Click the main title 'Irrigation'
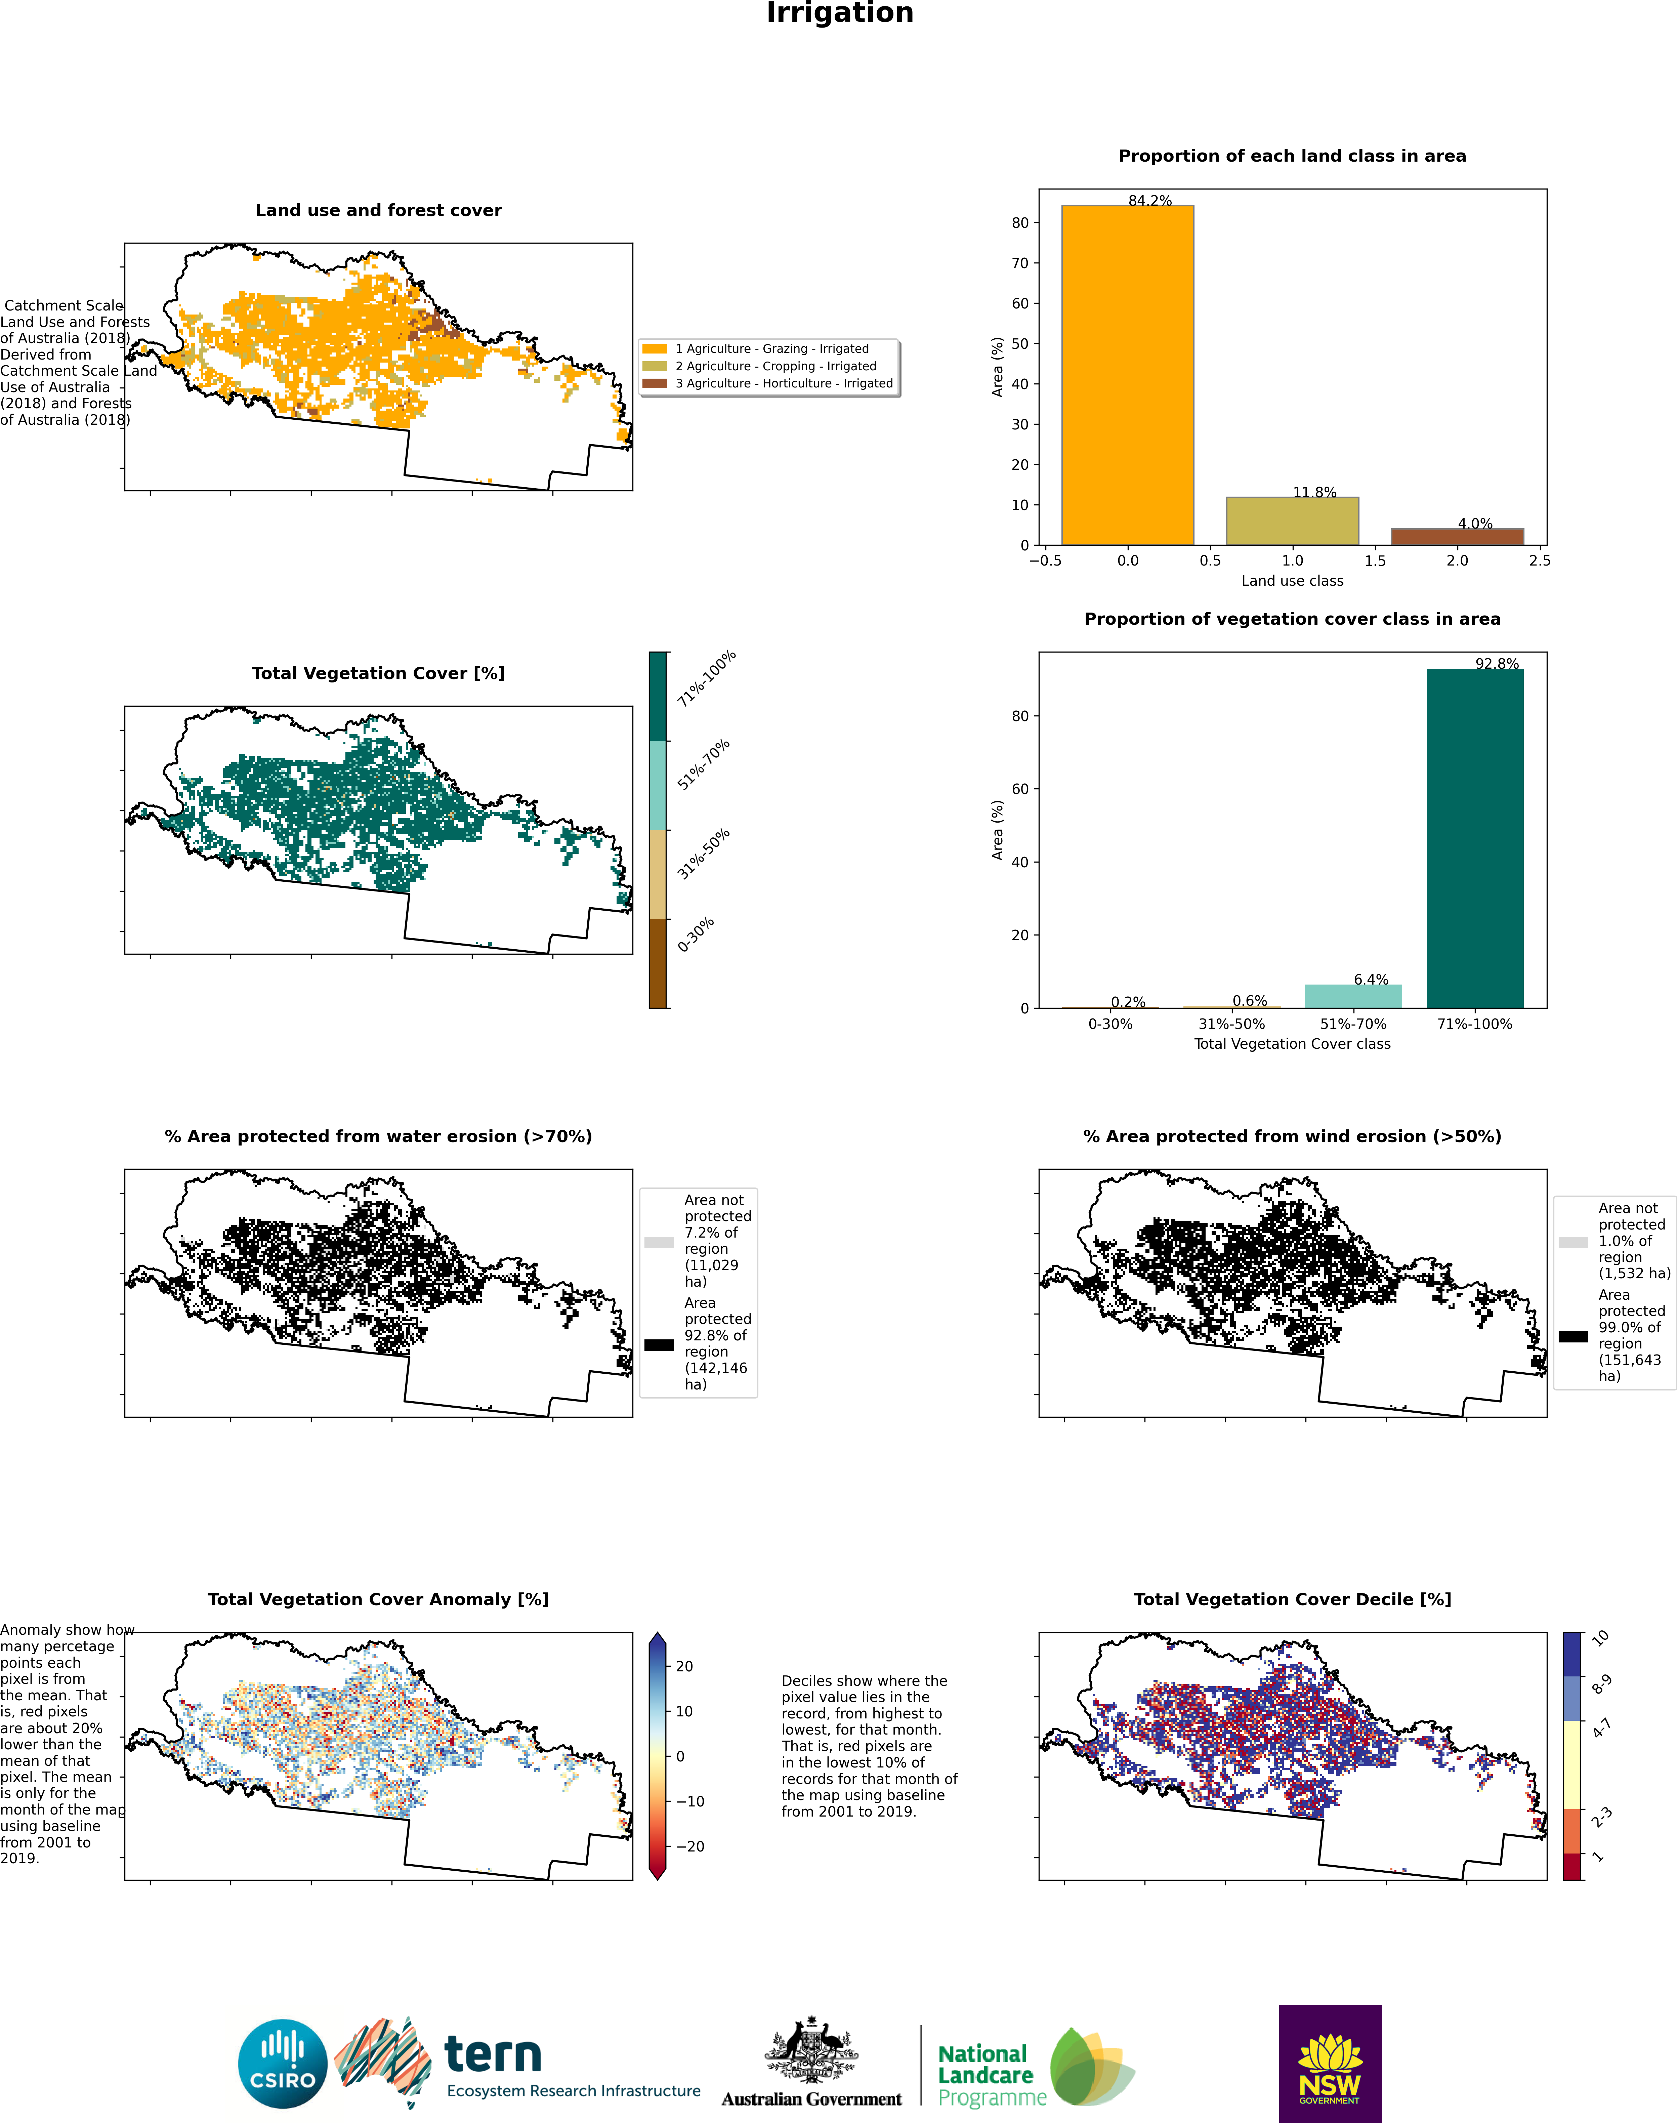839,13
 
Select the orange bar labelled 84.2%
1127,375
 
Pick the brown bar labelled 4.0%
1457,536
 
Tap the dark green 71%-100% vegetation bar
1475,838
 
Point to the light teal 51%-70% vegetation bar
1353,996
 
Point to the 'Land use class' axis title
1292,580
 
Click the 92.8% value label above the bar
1496,664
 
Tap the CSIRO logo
283,2063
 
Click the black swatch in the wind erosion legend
1573,1336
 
